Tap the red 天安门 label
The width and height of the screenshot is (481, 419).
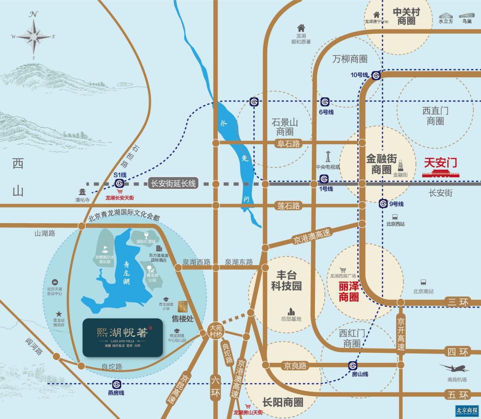coord(440,163)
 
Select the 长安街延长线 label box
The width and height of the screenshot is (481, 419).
coord(173,184)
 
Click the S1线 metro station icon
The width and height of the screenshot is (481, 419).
coord(120,183)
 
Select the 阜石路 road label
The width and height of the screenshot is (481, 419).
coord(289,143)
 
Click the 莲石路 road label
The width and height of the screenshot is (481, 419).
coord(289,205)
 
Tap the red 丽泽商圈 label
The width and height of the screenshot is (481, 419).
coord(349,291)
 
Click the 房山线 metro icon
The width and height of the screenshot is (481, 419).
coord(353,365)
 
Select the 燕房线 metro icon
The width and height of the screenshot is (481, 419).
coord(116,384)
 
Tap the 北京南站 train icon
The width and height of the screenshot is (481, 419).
coord(423,283)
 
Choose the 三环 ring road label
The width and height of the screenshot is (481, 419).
coord(458,302)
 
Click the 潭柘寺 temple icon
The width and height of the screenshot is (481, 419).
coord(82,192)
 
